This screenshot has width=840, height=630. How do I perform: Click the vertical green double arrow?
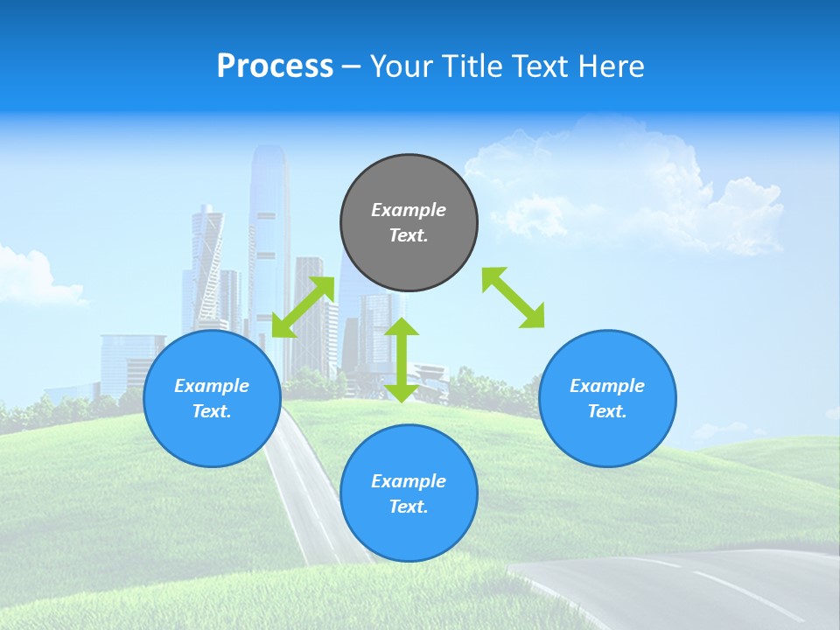(x=402, y=360)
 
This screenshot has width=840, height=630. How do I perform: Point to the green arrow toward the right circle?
(x=514, y=297)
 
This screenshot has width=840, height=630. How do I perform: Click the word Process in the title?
(x=275, y=66)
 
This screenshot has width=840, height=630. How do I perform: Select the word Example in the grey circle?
(x=409, y=210)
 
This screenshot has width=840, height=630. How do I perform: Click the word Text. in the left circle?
(x=212, y=411)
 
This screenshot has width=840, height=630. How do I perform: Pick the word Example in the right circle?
(x=607, y=386)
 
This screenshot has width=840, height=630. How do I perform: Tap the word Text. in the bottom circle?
(x=409, y=507)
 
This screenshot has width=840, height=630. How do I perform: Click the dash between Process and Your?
(x=351, y=67)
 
